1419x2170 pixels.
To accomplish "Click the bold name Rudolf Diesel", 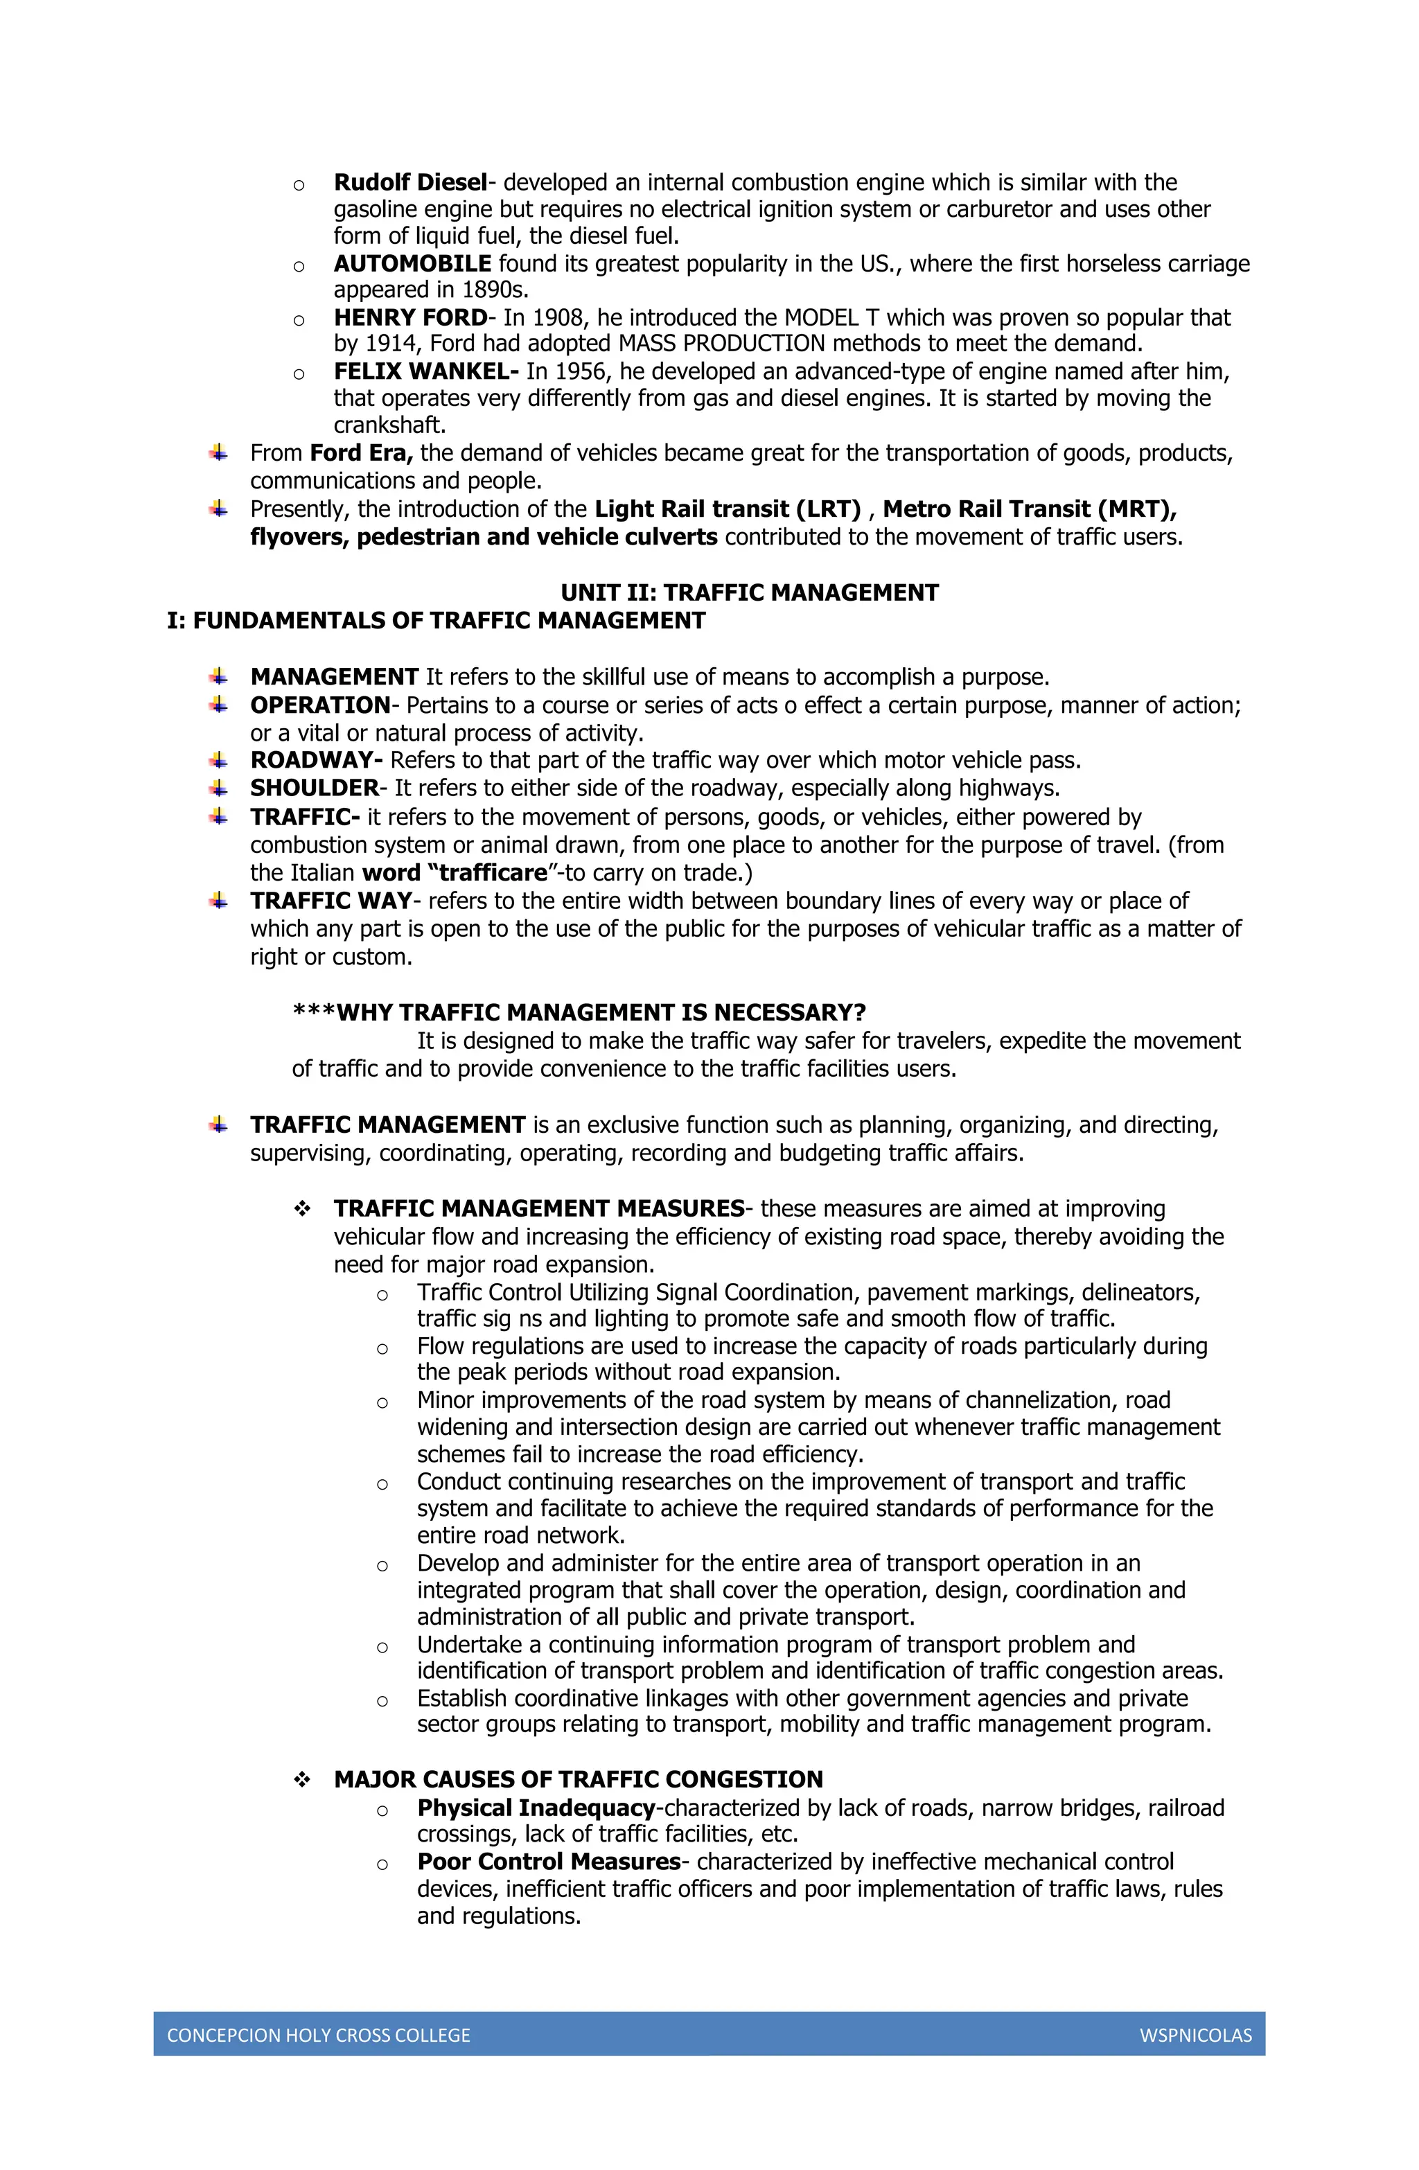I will click(409, 182).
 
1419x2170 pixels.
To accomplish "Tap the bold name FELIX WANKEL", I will click(425, 371).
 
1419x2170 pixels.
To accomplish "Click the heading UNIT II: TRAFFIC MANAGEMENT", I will click(749, 592).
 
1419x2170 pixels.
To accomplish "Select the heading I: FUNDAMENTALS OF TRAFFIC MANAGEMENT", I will click(436, 621).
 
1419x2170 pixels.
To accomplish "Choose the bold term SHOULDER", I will click(315, 788).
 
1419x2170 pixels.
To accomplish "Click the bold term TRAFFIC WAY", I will click(331, 901).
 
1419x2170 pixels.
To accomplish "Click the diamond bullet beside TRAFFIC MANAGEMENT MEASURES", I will click(302, 1209).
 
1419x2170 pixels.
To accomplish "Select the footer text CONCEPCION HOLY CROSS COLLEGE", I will click(318, 2035).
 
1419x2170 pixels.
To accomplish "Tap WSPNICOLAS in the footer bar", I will click(1195, 2035).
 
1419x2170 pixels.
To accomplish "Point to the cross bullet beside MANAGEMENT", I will click(218, 676).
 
